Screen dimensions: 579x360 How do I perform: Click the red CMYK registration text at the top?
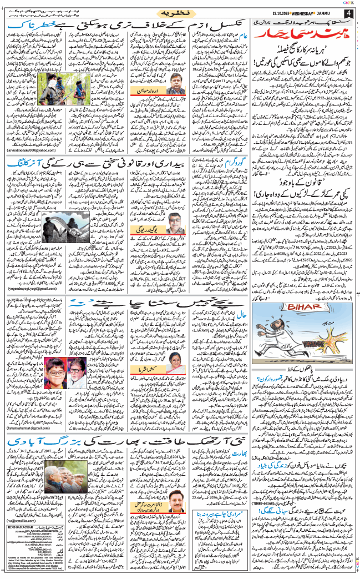(350, 2)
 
